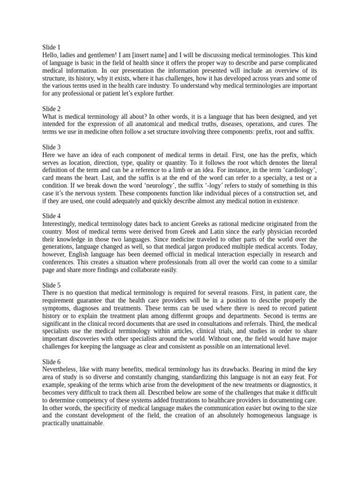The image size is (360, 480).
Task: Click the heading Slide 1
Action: tap(51, 47)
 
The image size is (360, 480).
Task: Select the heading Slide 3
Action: tap(51, 147)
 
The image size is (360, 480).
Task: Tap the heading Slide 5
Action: tap(51, 285)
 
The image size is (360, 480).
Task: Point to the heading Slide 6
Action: tap(51, 362)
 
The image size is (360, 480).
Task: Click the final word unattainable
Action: tap(82, 423)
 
